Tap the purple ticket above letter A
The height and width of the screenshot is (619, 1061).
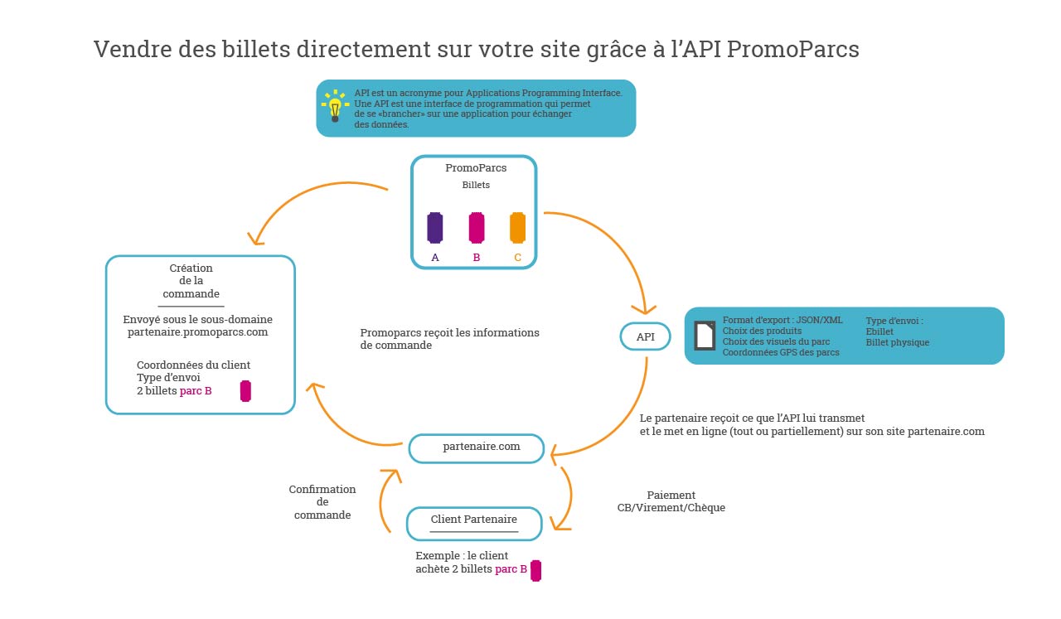pos(435,227)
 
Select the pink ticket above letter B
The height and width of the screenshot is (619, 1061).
pos(477,227)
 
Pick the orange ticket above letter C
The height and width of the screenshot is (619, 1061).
pos(518,227)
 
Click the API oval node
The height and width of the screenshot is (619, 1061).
pos(646,336)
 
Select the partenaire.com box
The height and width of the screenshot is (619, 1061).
pos(477,447)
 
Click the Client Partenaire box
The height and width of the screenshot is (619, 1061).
pos(474,522)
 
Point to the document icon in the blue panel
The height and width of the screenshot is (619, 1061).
pos(705,335)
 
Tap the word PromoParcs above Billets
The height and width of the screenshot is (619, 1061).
pos(476,167)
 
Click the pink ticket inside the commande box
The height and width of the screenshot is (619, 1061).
pos(245,391)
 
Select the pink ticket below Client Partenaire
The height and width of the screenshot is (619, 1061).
pos(536,570)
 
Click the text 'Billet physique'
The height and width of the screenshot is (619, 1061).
pos(898,342)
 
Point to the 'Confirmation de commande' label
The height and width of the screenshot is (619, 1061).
pos(322,502)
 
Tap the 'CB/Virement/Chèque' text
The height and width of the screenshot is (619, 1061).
pos(671,508)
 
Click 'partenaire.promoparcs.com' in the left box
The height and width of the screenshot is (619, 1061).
pos(197,332)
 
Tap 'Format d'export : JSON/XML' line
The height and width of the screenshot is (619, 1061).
pos(782,320)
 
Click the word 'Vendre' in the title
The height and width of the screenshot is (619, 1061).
pos(128,50)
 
